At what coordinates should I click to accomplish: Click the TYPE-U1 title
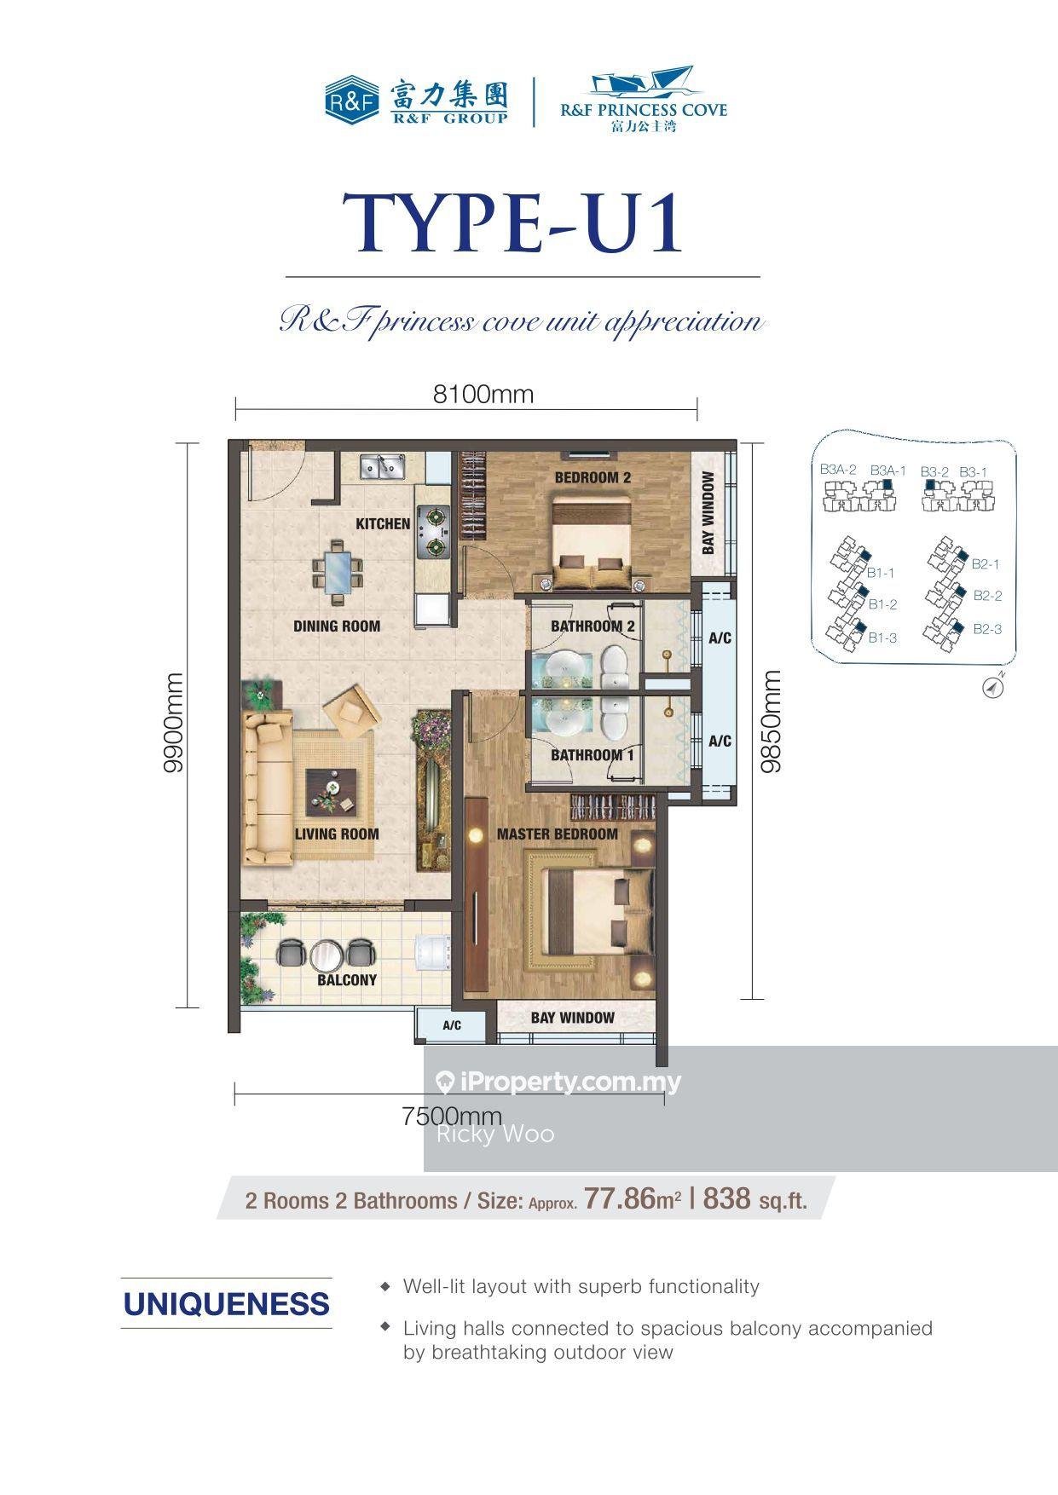514,222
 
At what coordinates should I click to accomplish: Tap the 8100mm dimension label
483,394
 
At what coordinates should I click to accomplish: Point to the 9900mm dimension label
174,723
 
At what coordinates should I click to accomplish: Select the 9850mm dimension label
771,721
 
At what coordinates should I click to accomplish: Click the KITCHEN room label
383,523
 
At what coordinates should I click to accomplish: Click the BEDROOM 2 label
593,477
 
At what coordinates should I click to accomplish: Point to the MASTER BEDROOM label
558,834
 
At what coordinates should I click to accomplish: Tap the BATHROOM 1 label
592,755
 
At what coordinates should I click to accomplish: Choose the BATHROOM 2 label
593,626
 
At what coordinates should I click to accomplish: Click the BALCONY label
347,980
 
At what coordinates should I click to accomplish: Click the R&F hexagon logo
352,99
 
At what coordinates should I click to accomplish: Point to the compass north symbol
993,685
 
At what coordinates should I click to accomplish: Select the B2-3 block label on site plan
987,629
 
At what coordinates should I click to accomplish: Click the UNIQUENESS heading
227,1304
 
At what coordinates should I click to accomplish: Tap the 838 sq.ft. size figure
754,1199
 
